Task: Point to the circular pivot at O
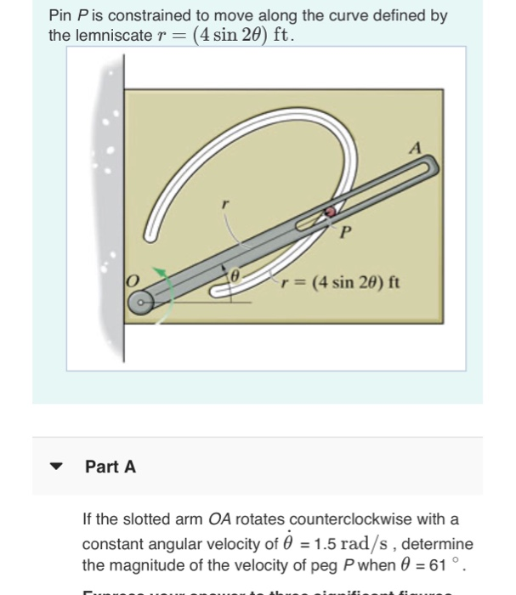pos(140,300)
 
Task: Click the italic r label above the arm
pos(224,204)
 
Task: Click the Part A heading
pos(110,467)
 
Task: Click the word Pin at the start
pos(60,16)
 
